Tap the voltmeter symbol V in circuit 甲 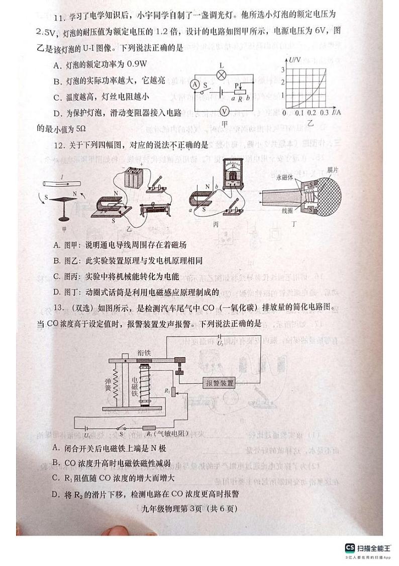[x=226, y=111]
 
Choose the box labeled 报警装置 [x=220, y=383]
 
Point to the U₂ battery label [x=220, y=343]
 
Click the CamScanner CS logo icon [x=350, y=548]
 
